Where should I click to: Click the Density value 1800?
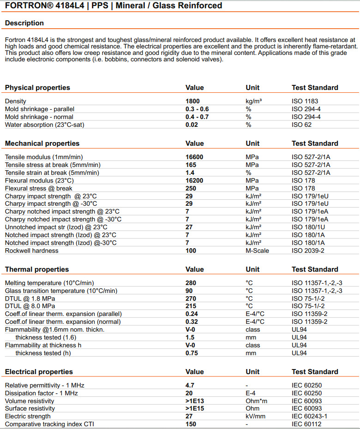pos(193,101)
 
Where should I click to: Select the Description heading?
pos(24,23)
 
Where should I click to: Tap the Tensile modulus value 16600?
pos(194,157)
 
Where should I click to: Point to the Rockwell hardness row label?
pos(32,250)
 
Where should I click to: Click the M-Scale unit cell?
pos(258,250)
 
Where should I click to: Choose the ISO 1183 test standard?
pos(305,101)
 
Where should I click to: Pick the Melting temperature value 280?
pos(191,283)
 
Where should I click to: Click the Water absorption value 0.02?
pos(192,125)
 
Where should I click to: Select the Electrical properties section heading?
pos(39,372)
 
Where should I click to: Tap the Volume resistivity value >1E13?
pos(195,401)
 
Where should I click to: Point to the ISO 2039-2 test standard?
pos(308,250)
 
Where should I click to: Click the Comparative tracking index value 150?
pos(191,424)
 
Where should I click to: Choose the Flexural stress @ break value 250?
pos(191,188)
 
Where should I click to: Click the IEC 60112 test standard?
pos(306,424)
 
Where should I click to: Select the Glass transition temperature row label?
pos(61,291)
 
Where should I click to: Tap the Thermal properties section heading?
pos(37,269)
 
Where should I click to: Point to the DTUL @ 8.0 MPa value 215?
pos(191,306)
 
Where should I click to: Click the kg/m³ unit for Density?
pos(254,101)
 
